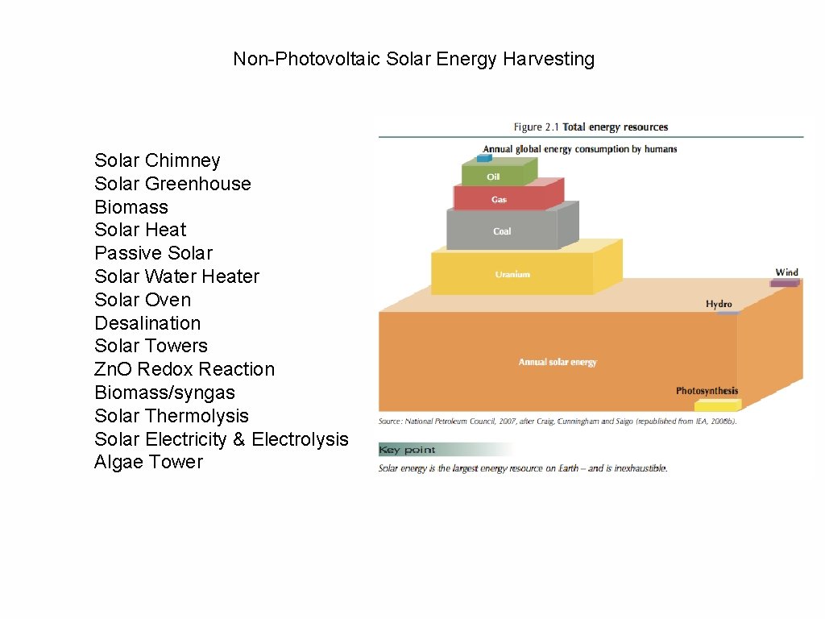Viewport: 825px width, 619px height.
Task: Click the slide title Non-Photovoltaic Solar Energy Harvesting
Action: pos(413,59)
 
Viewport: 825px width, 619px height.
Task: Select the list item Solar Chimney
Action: pos(157,160)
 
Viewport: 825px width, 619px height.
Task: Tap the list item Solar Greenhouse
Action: pos(172,184)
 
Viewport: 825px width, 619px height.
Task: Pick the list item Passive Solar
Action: pos(153,253)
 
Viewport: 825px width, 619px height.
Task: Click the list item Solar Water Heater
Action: pos(176,276)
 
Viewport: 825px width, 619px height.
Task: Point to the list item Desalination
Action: pos(147,323)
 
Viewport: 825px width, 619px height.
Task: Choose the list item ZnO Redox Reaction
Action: pos(184,369)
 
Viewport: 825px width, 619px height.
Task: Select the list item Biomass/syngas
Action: pos(164,393)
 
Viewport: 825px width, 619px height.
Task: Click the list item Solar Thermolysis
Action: pos(172,416)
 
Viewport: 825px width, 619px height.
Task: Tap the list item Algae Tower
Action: pos(148,462)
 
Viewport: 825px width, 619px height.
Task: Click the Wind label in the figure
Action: pos(786,272)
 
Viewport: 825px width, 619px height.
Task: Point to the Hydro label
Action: pos(719,304)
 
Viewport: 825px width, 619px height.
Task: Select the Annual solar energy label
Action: pos(558,362)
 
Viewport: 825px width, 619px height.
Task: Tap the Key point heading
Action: pos(407,450)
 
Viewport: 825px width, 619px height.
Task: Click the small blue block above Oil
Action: pos(483,158)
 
